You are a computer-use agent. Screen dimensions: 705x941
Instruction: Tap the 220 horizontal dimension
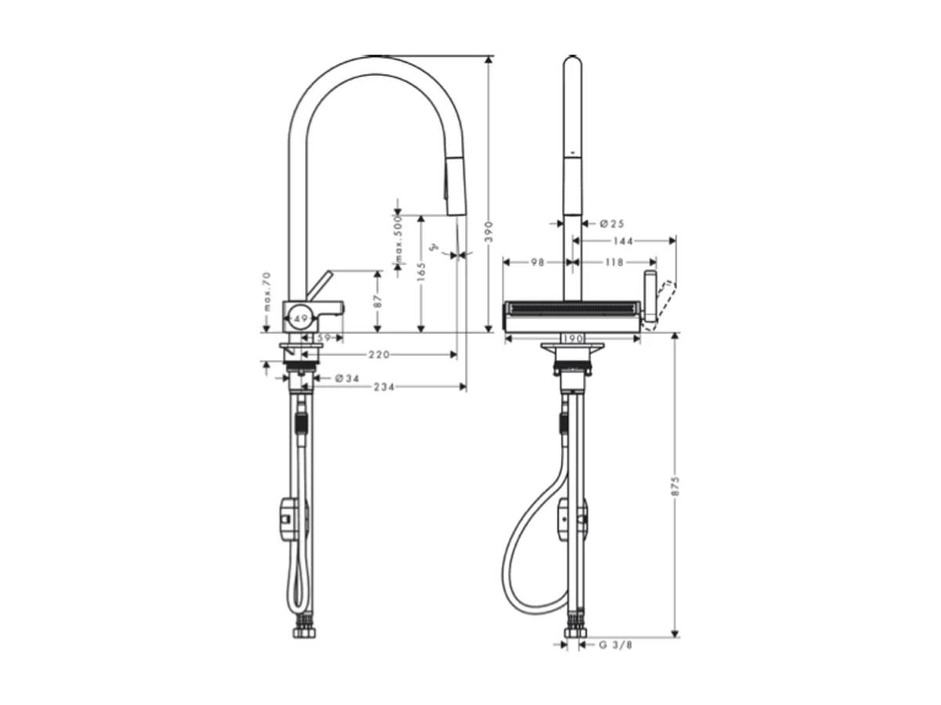(379, 355)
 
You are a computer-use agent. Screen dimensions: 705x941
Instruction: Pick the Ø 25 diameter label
(612, 224)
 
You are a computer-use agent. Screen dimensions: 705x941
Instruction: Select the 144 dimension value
(623, 241)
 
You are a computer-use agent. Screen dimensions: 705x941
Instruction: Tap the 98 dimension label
(536, 263)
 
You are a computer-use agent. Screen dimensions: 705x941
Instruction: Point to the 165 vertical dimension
(421, 272)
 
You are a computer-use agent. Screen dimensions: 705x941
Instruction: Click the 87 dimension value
(378, 301)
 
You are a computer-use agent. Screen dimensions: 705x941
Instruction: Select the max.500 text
(398, 240)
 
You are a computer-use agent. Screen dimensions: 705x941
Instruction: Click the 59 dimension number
(329, 338)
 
